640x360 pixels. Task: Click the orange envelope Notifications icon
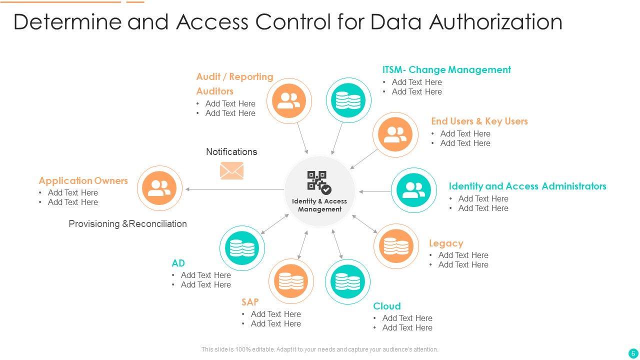click(231, 171)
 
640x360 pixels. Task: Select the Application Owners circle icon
click(159, 188)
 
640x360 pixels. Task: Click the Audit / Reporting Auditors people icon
click(289, 100)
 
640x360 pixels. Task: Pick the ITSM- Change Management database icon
click(348, 100)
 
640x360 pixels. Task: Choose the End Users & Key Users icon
click(395, 134)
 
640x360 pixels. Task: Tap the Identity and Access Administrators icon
click(413, 190)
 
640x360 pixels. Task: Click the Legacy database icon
click(396, 246)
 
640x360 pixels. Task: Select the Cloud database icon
click(347, 282)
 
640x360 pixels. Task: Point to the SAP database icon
click(291, 281)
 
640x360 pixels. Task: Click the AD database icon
click(242, 248)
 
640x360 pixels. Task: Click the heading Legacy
click(446, 243)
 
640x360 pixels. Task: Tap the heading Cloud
click(387, 306)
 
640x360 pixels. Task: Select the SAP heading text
click(250, 302)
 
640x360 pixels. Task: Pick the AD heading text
click(178, 263)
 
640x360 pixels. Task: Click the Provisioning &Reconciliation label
click(127, 224)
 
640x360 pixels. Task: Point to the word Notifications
click(231, 152)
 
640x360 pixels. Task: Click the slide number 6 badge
click(633, 353)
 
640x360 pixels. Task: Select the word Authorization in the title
click(495, 22)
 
